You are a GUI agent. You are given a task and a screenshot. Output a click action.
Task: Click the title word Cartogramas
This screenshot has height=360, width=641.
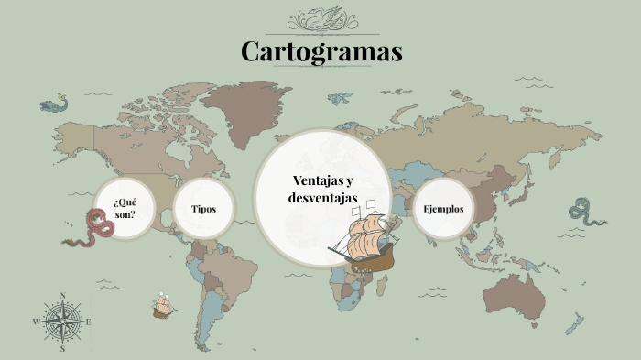(x=321, y=51)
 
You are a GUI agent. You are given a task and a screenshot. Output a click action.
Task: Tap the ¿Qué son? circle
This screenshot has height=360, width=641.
(x=125, y=208)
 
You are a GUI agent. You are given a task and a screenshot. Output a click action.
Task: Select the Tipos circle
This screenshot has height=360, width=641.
(x=203, y=209)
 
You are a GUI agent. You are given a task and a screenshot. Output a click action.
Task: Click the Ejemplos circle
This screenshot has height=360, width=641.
(x=443, y=209)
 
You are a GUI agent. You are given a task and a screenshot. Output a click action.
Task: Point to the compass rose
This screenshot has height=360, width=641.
(x=62, y=322)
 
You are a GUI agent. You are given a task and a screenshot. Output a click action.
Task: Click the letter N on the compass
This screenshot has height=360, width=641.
(x=62, y=296)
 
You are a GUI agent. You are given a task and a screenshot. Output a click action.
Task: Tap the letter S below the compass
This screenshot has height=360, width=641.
(x=62, y=349)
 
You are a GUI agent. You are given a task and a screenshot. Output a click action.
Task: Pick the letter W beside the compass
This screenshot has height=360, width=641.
(x=37, y=322)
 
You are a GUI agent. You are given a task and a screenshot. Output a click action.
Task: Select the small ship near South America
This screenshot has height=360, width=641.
(x=164, y=306)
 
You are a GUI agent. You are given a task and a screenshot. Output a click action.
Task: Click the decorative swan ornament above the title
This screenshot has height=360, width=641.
(x=321, y=19)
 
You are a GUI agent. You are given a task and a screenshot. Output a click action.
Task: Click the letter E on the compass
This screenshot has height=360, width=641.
(x=88, y=322)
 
